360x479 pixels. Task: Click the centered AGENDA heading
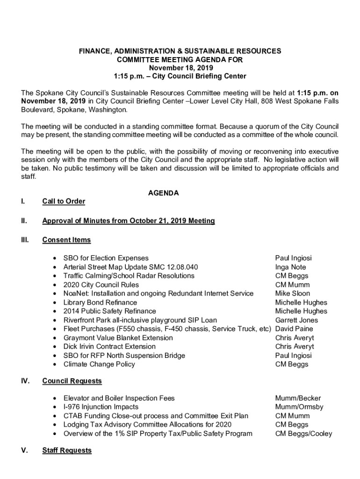[163, 193]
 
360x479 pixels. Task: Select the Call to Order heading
[64, 202]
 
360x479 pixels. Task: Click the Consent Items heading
[66, 240]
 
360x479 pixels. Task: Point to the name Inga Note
[291, 267]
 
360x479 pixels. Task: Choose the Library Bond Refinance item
[100, 303]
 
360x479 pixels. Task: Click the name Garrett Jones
[296, 320]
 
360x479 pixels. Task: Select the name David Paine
[294, 329]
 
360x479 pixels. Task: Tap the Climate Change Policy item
[99, 364]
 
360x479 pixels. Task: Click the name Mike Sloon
[293, 294]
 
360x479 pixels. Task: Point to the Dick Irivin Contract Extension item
[109, 347]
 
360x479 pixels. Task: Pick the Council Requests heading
[72, 381]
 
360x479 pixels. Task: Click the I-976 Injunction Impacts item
[101, 407]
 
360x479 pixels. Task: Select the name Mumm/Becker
[298, 398]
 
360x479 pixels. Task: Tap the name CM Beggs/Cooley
[303, 434]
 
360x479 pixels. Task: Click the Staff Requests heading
[67, 450]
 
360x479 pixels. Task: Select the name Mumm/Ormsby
[299, 407]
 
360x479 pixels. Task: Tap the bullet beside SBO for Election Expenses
[56, 259]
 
